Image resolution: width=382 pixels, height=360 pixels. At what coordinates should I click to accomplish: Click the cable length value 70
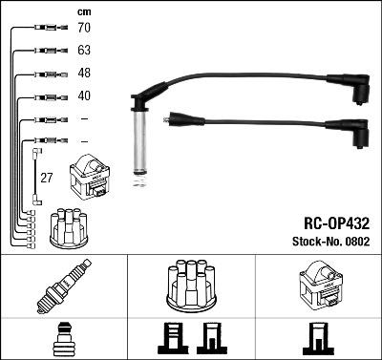tap(83, 29)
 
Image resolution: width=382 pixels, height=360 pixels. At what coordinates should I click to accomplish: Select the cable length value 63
tap(83, 52)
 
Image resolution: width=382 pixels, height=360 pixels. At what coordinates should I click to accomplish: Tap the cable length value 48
tap(83, 74)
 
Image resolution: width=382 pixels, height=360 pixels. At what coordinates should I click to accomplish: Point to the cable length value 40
tap(83, 95)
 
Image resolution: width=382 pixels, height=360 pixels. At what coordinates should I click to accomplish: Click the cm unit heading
tap(83, 11)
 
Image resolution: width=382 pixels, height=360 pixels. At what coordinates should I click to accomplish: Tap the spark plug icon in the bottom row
tap(63, 287)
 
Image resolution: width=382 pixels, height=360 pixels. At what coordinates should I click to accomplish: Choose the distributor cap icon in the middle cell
tap(190, 286)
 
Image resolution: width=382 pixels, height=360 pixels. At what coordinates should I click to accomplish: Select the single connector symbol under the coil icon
tap(315, 338)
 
